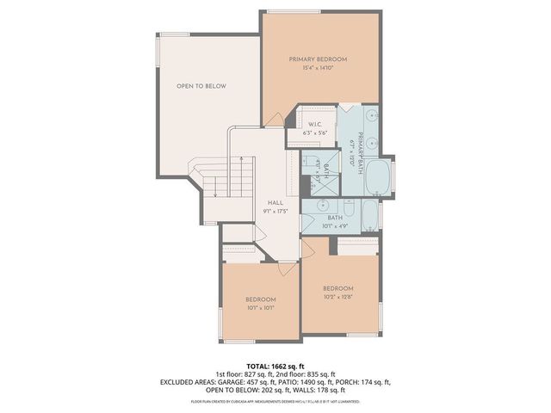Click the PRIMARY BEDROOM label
click(318, 59)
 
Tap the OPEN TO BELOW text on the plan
click(201, 86)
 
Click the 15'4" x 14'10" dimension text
click(318, 68)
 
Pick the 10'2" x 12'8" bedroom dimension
click(338, 297)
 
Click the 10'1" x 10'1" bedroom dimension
click(260, 307)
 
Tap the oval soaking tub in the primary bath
click(378, 179)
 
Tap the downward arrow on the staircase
click(214, 193)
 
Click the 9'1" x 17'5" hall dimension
click(275, 211)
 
